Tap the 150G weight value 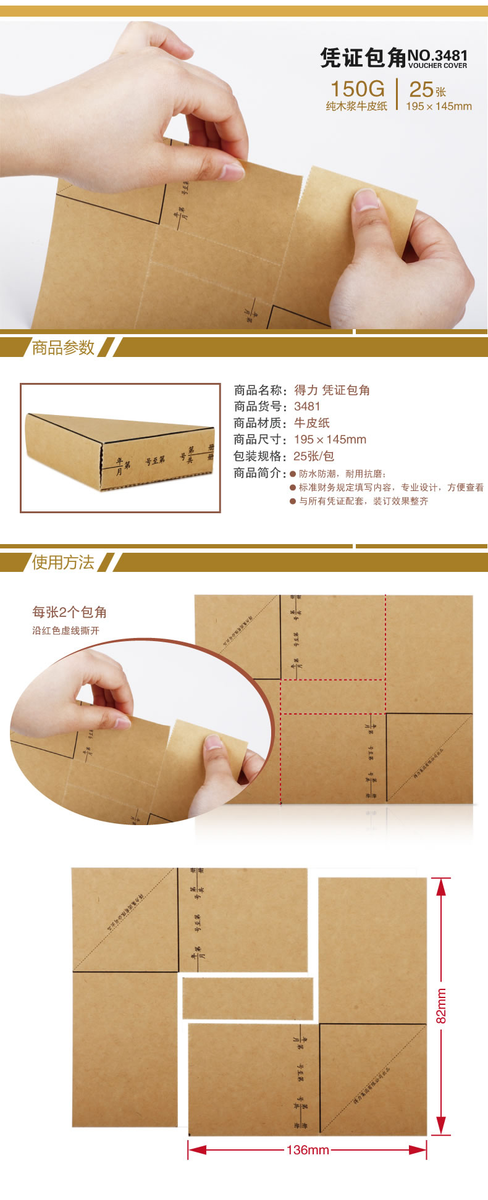357,89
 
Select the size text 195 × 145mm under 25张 439,106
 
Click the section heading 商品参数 63,348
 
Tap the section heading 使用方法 63,562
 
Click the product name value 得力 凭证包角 332,390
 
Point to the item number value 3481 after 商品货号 307,406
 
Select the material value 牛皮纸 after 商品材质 311,423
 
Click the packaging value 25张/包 314,456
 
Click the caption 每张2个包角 70,612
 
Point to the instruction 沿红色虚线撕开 65,631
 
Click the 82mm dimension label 441,1005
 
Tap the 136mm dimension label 308,1150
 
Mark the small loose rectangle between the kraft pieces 248,998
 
